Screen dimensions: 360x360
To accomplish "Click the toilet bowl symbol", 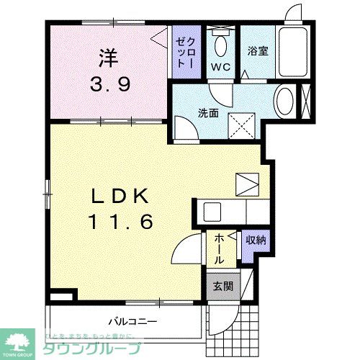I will click(x=220, y=45).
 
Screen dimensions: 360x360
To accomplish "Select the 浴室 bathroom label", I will click(x=258, y=52).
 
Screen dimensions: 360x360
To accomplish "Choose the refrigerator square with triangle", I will click(x=246, y=184).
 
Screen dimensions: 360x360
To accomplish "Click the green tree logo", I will click(x=21, y=341).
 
